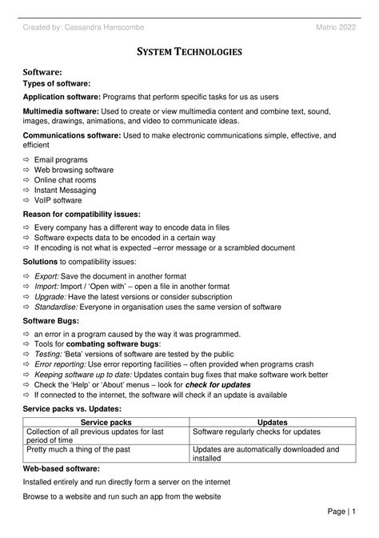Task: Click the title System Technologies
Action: coord(189,51)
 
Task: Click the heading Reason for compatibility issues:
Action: coord(82,215)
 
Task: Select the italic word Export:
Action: coord(48,275)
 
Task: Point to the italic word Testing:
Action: coord(50,353)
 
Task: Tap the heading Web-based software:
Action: coord(62,468)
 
